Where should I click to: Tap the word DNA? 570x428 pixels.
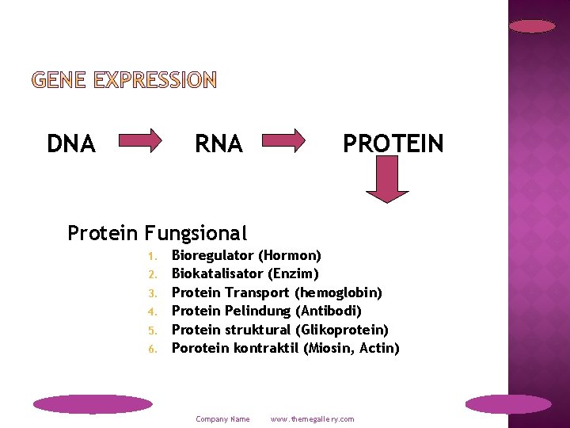pos(71,143)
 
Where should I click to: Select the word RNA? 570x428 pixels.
pos(219,143)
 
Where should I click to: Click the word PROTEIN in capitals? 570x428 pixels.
pos(393,143)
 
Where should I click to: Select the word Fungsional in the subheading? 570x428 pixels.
pos(196,233)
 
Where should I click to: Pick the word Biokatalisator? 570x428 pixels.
pos(217,273)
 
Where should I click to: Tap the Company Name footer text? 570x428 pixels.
pos(222,419)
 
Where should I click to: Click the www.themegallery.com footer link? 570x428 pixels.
pos(313,419)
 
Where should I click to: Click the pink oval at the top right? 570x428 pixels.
pos(532,26)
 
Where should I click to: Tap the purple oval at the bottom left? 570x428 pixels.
pos(93,404)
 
